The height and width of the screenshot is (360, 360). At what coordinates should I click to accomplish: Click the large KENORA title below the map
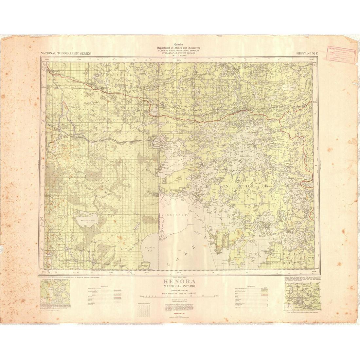pos(178,282)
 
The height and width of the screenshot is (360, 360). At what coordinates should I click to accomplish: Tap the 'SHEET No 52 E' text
pos(307,53)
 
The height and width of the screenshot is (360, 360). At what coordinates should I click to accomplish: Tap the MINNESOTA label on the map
pos(174,215)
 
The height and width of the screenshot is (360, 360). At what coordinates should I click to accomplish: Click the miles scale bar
pos(178,296)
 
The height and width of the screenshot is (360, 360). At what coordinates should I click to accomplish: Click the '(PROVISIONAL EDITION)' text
pos(178,290)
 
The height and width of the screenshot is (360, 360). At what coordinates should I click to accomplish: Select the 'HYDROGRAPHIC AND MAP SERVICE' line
pos(178,54)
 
